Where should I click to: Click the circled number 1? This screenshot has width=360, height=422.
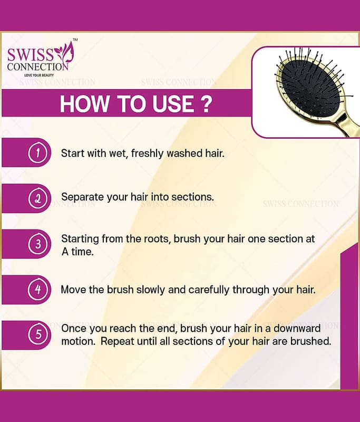pos(38,153)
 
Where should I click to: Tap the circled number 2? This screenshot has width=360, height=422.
pos(38,199)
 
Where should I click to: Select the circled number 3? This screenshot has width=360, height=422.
pos(38,244)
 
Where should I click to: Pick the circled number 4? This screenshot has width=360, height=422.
pos(38,290)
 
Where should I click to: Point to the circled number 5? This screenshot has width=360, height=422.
pos(38,335)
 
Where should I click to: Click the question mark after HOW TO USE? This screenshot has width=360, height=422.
pos(206,103)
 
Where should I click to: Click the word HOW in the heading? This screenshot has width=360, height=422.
pos(85,103)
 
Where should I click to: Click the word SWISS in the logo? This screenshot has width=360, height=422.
pos(31,55)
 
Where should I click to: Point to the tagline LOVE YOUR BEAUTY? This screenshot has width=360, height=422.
pos(39,75)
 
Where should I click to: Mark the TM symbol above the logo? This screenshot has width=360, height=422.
pos(75,40)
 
